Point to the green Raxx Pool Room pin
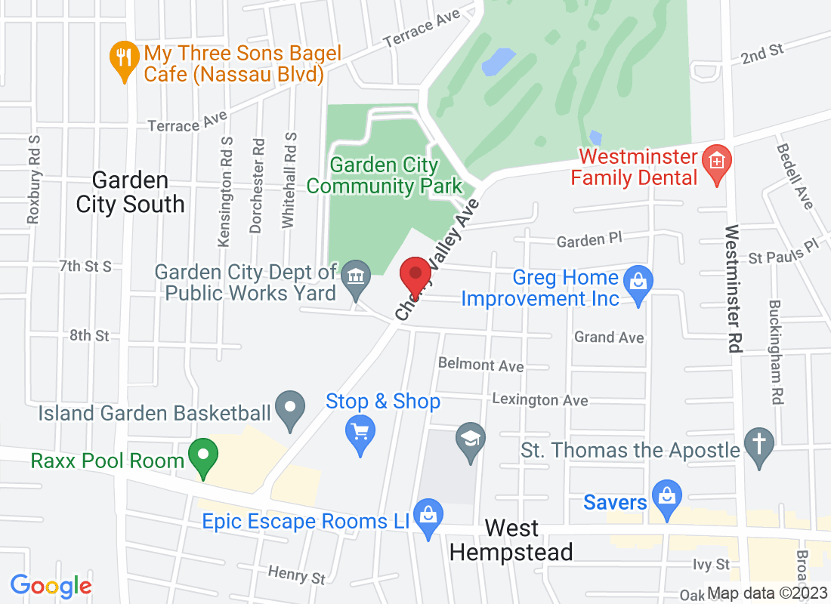pyautogui.click(x=202, y=456)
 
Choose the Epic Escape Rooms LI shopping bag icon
pyautogui.click(x=428, y=517)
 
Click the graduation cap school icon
pyautogui.click(x=471, y=439)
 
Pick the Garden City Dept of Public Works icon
pyautogui.click(x=354, y=277)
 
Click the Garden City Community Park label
pyautogui.click(x=385, y=175)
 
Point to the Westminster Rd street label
pyautogui.click(x=731, y=288)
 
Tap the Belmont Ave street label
pyautogui.click(x=480, y=365)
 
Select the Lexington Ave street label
pyautogui.click(x=539, y=399)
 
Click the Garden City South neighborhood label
pyautogui.click(x=130, y=192)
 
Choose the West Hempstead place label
pyautogui.click(x=511, y=540)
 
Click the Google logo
pyautogui.click(x=51, y=585)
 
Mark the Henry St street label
pyautogui.click(x=297, y=575)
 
